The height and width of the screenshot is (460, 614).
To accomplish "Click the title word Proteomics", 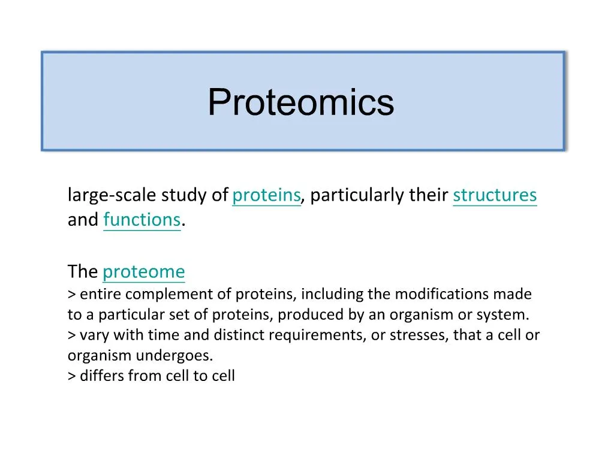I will [301, 102].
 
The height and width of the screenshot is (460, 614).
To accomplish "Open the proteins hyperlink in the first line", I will [266, 195].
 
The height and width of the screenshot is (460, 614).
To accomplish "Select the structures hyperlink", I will [495, 195].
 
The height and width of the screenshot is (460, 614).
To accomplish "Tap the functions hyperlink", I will [142, 220].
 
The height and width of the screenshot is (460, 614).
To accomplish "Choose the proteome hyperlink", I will [144, 272].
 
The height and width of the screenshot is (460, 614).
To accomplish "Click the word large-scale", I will [103, 195].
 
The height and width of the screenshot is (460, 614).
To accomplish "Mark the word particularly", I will [357, 195].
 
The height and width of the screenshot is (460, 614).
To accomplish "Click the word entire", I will [101, 294].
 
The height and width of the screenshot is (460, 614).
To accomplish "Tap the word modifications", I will [446, 294].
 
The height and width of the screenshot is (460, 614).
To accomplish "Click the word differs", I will [102, 376].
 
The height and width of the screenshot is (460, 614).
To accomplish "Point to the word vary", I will [91, 335].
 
